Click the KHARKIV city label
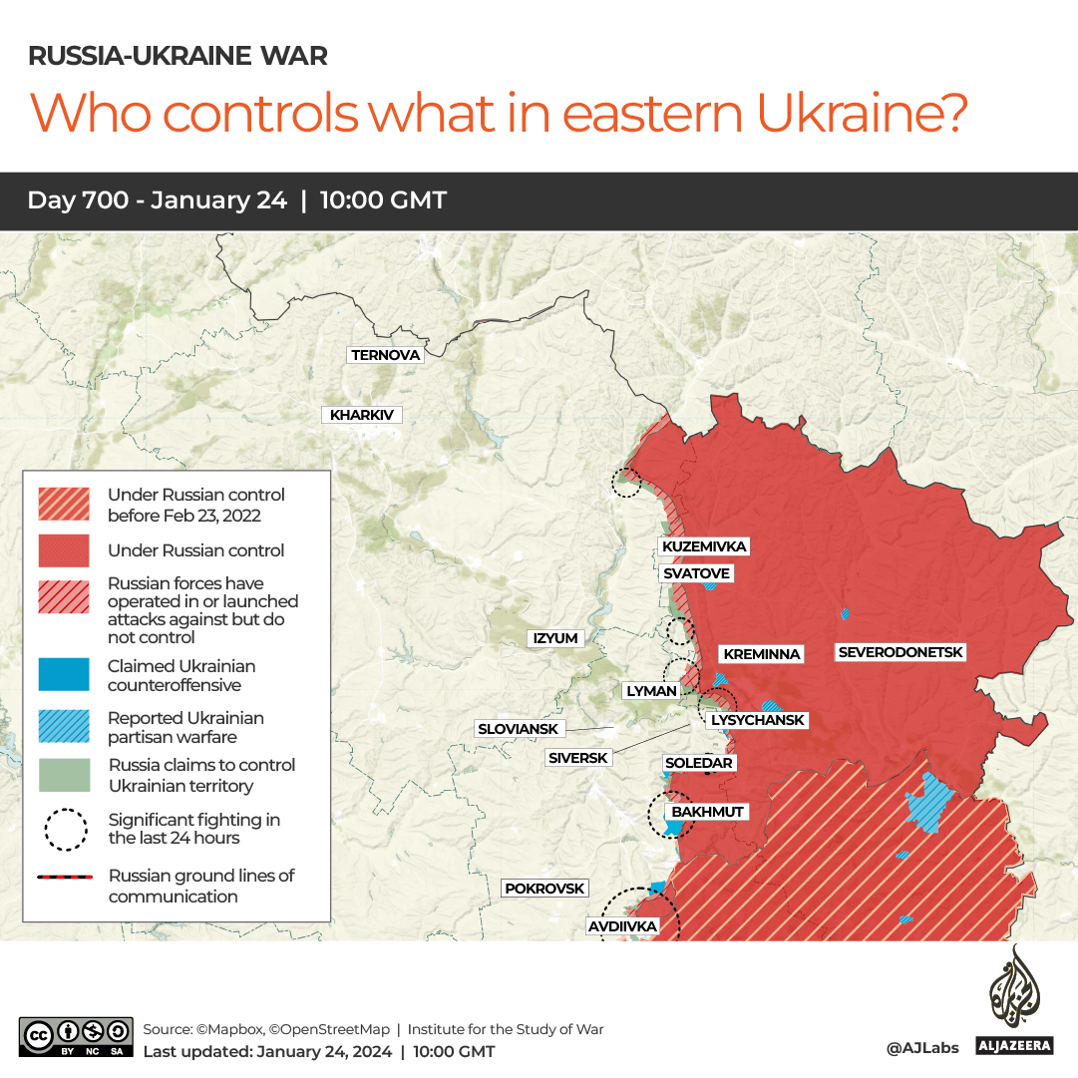coord(361,415)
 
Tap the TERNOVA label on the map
coord(386,355)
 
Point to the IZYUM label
coord(555,638)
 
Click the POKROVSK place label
coord(544,888)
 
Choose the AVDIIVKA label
coord(622,926)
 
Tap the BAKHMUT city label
coord(707,812)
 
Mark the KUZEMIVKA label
coord(703,546)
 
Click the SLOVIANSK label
coord(519,729)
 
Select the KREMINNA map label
coord(762,654)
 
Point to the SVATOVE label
coord(697,573)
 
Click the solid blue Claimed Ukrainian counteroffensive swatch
coord(63,676)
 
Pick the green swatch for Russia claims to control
coord(63,776)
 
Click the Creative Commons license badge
coord(76,1036)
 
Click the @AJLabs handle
coord(922,1048)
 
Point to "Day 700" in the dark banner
coord(78,200)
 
